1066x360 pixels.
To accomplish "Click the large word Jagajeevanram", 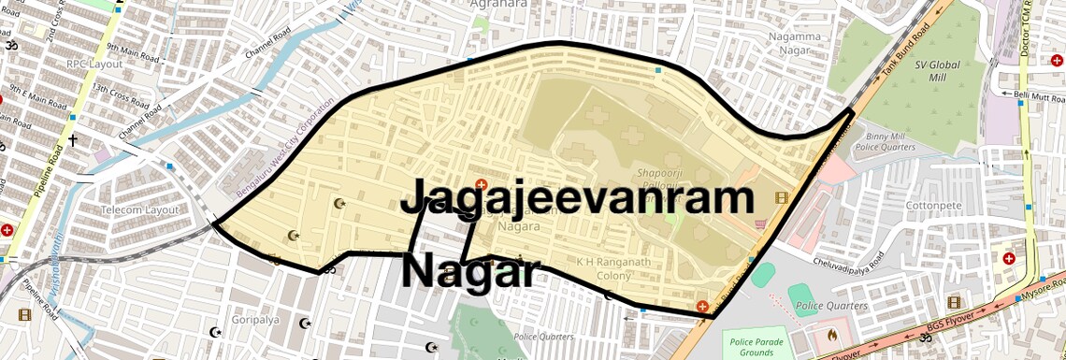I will [x=577, y=199].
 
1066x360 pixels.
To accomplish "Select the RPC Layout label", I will [x=94, y=64].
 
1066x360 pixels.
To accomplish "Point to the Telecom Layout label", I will [x=139, y=210].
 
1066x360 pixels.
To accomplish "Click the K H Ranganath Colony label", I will [x=613, y=268].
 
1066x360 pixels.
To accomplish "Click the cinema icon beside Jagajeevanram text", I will [x=781, y=197].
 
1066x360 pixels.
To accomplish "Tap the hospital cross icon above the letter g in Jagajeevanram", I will [x=482, y=183].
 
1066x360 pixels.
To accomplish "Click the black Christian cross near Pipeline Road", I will [x=72, y=140].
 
